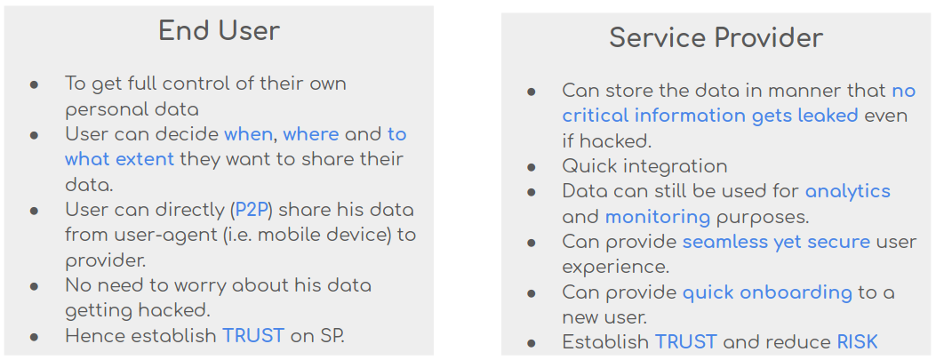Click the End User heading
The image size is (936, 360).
219,31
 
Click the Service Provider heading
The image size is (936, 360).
716,38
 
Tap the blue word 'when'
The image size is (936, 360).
248,134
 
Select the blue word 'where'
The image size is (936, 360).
310,134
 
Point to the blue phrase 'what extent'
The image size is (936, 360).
119,159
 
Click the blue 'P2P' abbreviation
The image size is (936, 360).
253,210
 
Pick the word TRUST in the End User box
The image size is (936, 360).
253,335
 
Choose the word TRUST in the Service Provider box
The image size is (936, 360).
686,342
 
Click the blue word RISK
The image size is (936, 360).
857,342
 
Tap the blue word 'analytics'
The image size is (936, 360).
848,192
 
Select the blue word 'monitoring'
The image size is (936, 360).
658,217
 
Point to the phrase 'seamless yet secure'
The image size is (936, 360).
776,243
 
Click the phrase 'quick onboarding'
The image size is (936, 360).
767,293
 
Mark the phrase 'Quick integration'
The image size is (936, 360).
644,166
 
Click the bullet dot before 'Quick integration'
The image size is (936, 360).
532,168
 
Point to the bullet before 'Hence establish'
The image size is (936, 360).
34,337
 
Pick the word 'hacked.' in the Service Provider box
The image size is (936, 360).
606,141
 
